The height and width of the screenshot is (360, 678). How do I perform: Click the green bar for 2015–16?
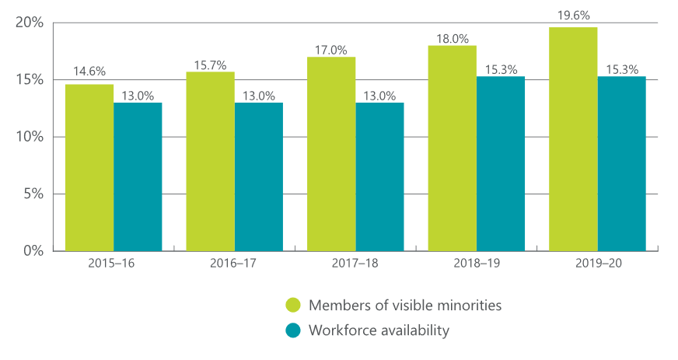click(x=89, y=167)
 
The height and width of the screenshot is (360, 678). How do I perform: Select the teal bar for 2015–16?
click(x=138, y=177)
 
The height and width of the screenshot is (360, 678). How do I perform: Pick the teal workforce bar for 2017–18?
click(x=379, y=177)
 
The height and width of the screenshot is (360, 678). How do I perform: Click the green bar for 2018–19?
click(x=452, y=148)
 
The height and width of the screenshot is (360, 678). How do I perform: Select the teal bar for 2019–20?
click(x=621, y=163)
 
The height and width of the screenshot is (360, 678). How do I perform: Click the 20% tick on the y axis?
click(x=30, y=23)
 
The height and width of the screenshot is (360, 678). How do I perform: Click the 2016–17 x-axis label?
click(x=234, y=264)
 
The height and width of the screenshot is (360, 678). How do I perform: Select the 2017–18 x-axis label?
click(x=355, y=264)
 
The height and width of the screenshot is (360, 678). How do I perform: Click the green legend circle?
click(x=293, y=305)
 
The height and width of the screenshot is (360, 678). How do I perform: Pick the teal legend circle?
click(x=293, y=330)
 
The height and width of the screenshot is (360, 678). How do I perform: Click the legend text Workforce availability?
click(x=379, y=330)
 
